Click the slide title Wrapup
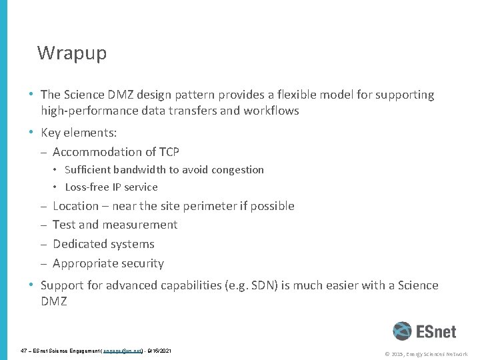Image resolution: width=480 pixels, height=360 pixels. [71, 53]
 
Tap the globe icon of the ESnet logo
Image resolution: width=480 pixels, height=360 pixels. [402, 332]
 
